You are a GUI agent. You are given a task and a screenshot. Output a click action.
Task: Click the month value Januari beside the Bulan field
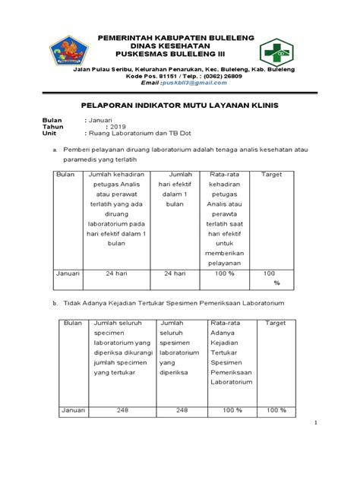[x=101, y=120]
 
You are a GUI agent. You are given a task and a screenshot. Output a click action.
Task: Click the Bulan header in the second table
[x=73, y=323]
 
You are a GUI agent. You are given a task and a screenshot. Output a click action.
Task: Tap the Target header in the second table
[x=276, y=323]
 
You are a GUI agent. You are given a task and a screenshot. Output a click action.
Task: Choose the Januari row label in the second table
[x=74, y=411]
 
